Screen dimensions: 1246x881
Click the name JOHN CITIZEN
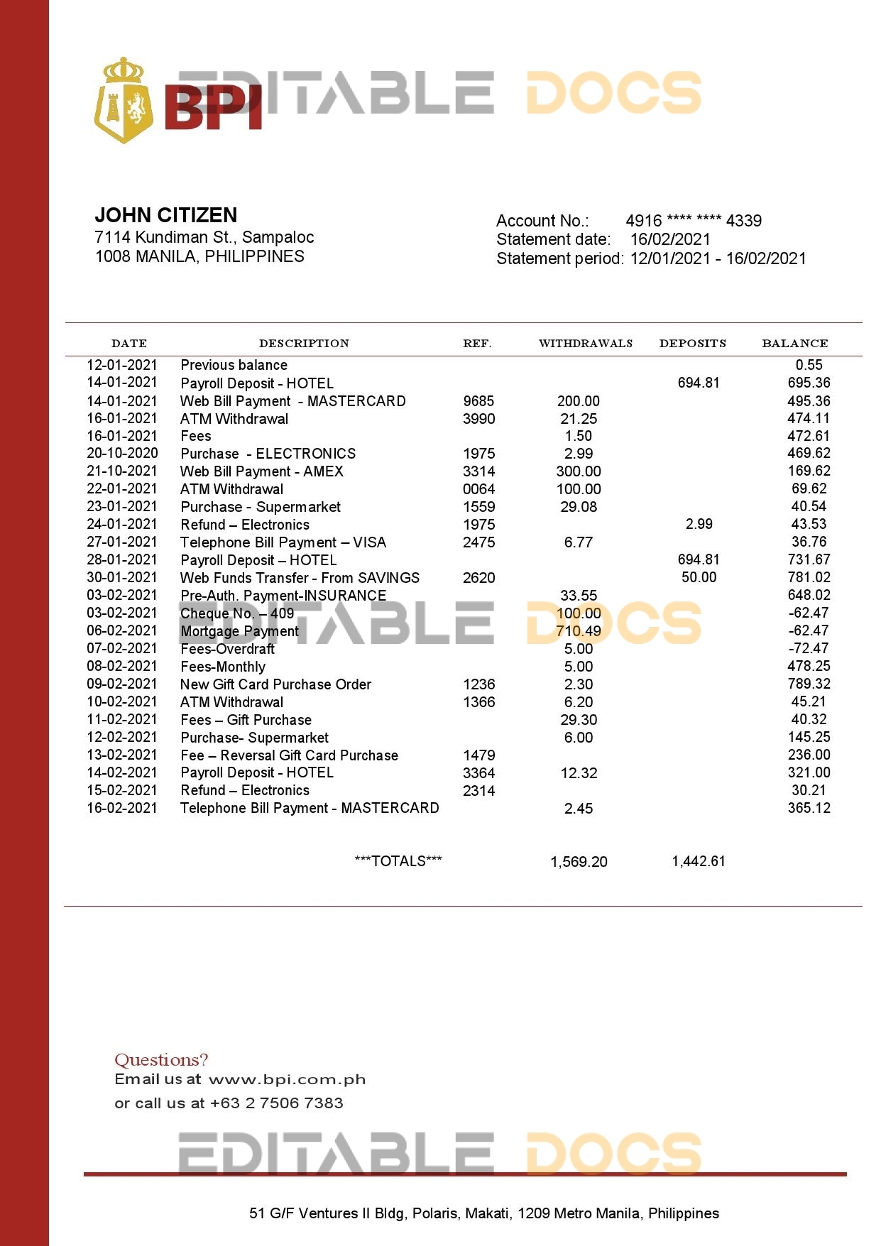tap(166, 215)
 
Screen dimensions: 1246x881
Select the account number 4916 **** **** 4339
tap(693, 221)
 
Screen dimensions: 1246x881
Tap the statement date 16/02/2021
tap(669, 240)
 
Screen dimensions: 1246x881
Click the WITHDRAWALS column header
tap(585, 344)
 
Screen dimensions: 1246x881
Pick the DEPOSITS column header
tap(692, 344)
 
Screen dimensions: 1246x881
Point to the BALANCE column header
tap(794, 344)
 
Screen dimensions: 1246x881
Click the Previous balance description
tap(234, 365)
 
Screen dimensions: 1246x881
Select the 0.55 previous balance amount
tap(809, 365)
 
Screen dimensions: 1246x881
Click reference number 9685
tap(478, 401)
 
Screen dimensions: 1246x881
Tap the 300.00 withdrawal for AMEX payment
tap(578, 471)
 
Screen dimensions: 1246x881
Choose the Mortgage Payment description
tap(239, 631)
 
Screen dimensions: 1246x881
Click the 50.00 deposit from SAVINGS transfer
tap(699, 577)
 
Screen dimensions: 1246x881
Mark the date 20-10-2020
tap(122, 453)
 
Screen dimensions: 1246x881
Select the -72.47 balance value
tap(808, 648)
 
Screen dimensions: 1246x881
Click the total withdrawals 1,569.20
tap(579, 862)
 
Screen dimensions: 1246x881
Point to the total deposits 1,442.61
tap(699, 861)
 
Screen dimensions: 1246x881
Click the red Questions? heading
tap(161, 1060)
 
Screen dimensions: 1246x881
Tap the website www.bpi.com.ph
tap(287, 1080)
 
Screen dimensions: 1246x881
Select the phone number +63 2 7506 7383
tap(277, 1103)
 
